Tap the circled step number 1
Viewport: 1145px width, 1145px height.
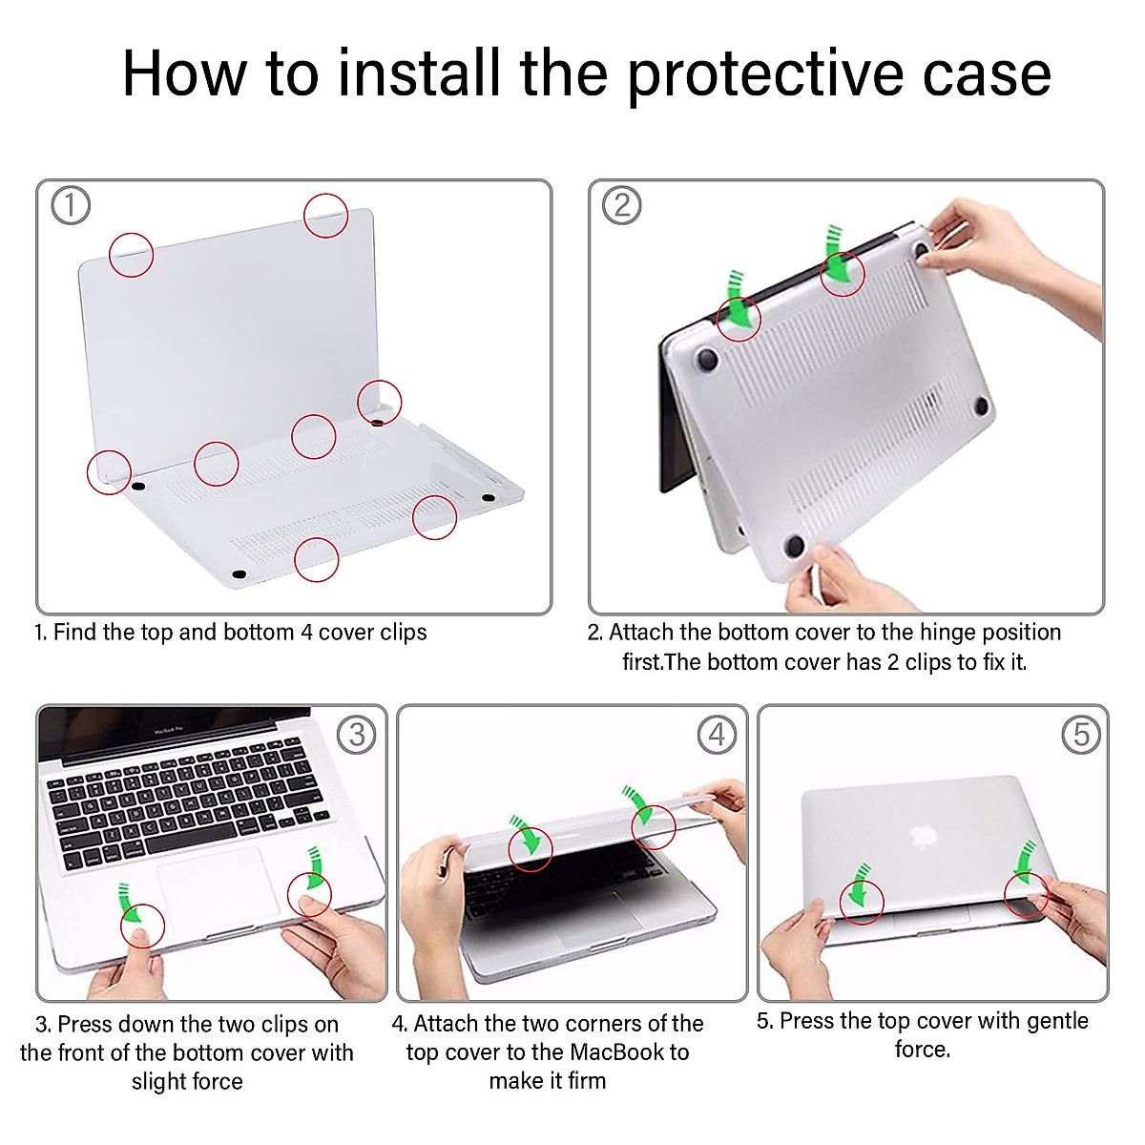point(71,205)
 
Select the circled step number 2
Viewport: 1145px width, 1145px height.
point(622,205)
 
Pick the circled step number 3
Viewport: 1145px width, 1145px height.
point(357,735)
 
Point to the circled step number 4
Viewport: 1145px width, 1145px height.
point(717,735)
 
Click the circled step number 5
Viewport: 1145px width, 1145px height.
point(1081,735)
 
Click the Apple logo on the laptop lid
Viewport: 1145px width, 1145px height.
point(922,838)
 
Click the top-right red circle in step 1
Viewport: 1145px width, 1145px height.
point(326,216)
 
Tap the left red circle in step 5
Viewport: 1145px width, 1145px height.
point(862,901)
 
